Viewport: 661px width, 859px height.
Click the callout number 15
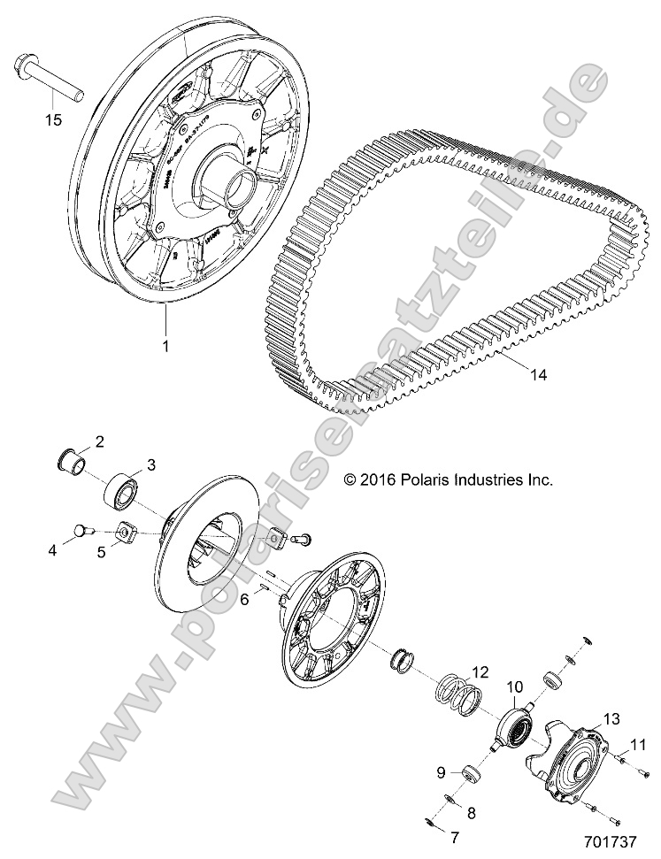tap(53, 119)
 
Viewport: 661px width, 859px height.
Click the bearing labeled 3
tap(121, 487)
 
